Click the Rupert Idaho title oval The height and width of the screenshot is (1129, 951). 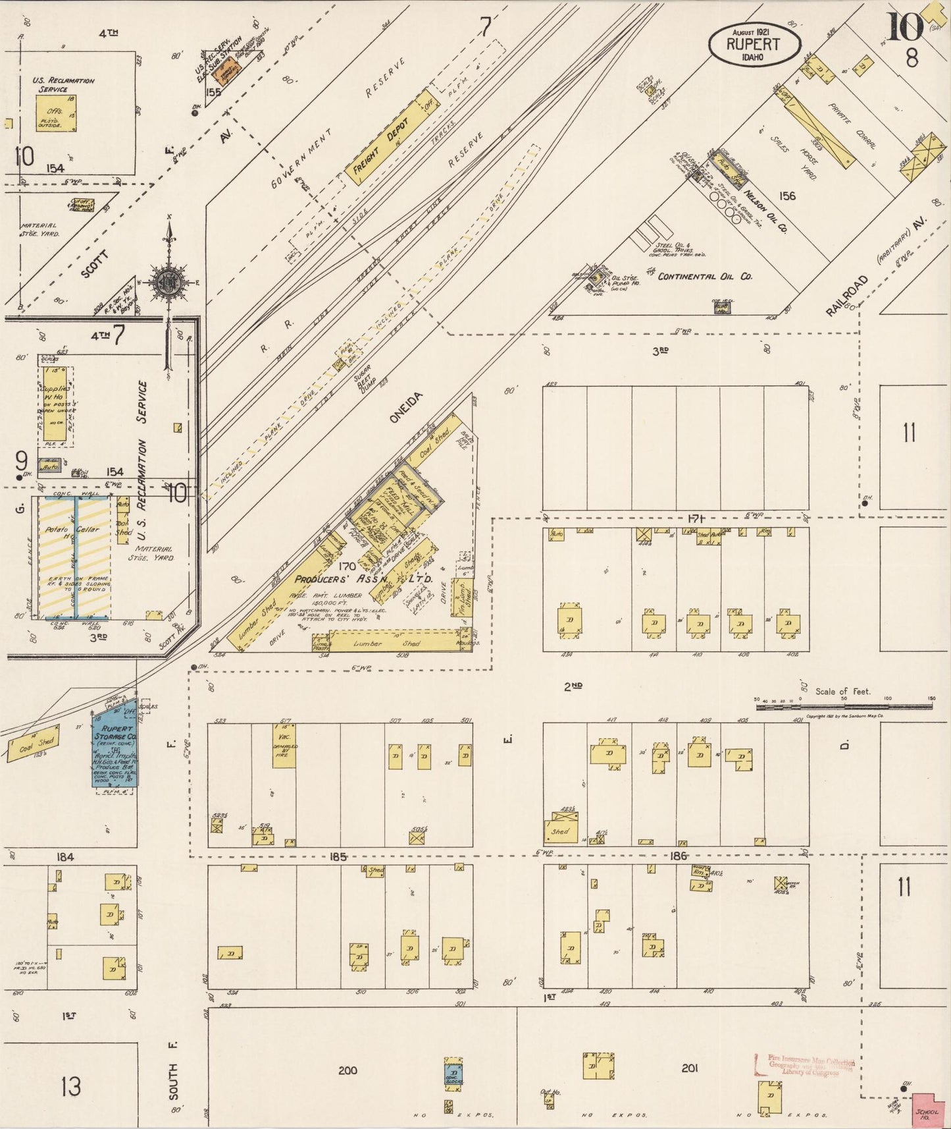point(754,44)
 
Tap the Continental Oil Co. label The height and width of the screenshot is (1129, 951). point(704,277)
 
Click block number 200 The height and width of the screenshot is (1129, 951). point(347,1070)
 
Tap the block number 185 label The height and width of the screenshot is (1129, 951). point(338,856)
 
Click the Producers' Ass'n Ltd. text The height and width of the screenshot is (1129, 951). point(363,579)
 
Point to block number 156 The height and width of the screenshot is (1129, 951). point(786,196)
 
